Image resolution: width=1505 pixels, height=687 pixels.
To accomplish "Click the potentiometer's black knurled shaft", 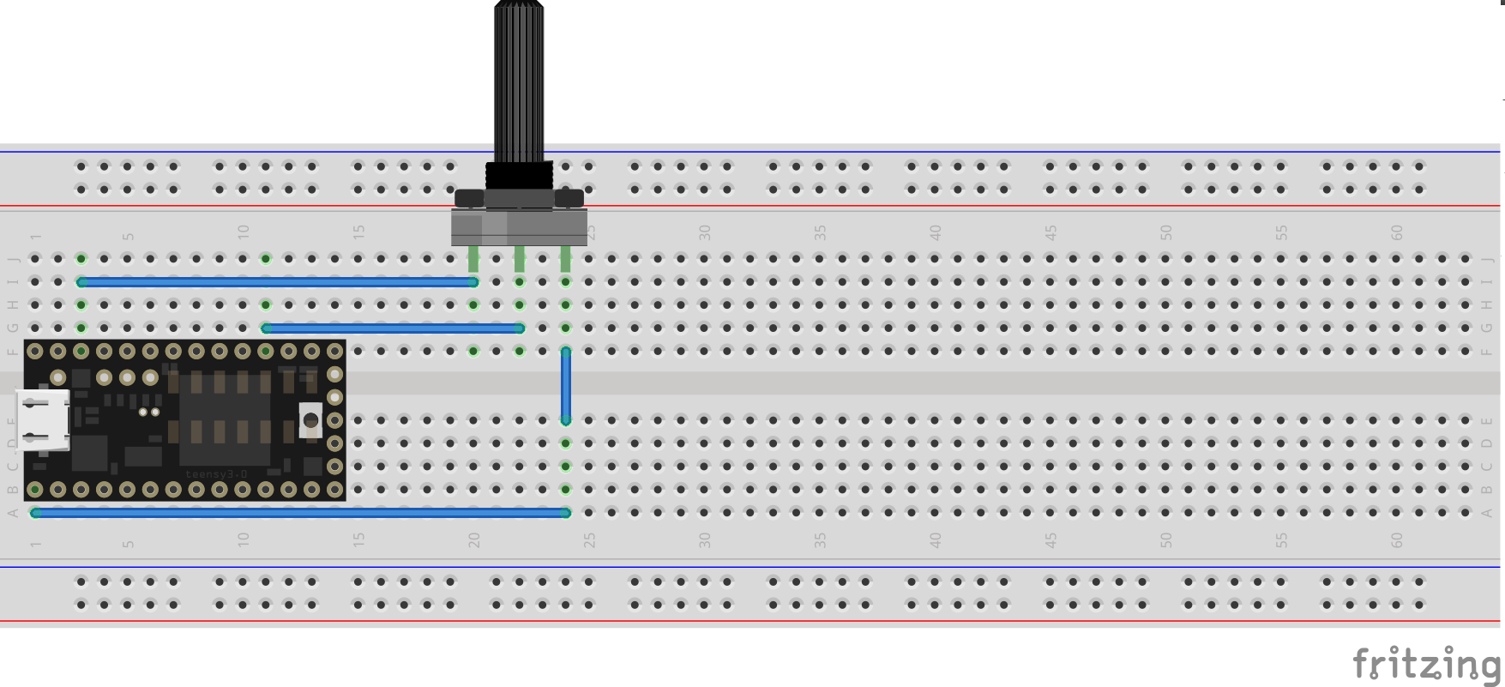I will click(x=519, y=81).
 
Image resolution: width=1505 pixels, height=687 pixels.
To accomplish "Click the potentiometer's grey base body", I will click(x=519, y=227).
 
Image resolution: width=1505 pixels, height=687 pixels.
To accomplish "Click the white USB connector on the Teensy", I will click(x=43, y=419).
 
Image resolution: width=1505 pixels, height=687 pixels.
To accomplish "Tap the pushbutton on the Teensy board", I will click(x=310, y=420).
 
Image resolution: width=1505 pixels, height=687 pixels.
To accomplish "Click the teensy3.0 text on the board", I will click(x=216, y=474).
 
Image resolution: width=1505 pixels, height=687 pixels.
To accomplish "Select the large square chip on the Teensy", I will click(x=225, y=419).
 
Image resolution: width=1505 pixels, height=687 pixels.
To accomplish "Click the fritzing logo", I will click(x=1427, y=664).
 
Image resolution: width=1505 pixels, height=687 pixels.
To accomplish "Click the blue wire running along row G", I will click(x=393, y=328).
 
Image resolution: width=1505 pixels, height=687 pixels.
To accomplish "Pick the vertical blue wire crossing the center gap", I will click(x=566, y=385).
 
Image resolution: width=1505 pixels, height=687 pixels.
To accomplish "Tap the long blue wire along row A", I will click(x=300, y=513).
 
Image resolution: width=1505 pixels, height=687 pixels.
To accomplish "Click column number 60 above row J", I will click(x=1397, y=232).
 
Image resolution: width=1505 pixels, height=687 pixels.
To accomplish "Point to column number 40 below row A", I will click(x=936, y=539).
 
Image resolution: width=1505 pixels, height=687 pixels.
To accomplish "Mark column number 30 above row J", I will click(x=705, y=232).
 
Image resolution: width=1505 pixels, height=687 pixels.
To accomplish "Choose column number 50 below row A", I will click(x=1166, y=539).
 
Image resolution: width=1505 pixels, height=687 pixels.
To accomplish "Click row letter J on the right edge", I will click(x=1487, y=259).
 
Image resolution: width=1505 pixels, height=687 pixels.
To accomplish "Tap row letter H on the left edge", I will click(x=13, y=304).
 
